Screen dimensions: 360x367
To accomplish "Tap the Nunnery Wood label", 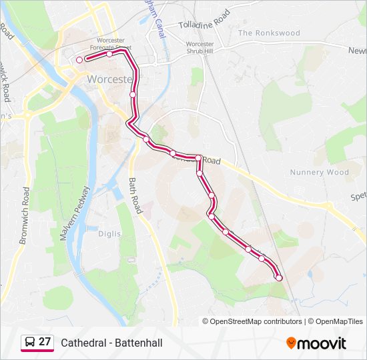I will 320,172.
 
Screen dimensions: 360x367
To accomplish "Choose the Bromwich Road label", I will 25,215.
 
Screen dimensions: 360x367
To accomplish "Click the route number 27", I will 45,342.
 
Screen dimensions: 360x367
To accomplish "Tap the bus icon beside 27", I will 30,343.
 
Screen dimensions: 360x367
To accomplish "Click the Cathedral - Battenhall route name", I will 111,343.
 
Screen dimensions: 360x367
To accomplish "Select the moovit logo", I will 316,343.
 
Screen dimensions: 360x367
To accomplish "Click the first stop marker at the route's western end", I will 79,60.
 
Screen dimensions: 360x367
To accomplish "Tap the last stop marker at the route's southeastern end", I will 279,277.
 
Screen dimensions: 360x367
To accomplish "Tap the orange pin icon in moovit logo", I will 291,343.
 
